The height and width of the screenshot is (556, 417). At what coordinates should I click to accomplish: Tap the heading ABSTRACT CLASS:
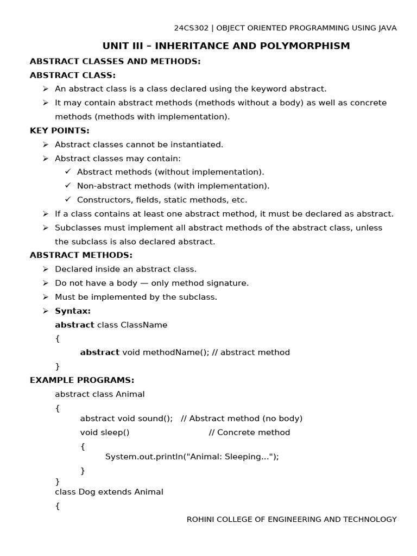[73, 75]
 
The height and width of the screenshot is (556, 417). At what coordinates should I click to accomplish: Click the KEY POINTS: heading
[60, 130]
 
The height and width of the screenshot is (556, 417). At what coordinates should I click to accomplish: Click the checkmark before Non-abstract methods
[68, 186]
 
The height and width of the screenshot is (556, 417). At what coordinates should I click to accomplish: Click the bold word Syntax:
[73, 311]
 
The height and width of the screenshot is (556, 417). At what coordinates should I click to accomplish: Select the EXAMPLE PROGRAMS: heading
[82, 380]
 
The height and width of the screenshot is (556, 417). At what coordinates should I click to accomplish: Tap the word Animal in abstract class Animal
[130, 394]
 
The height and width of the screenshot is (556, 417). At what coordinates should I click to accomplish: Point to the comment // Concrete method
[249, 433]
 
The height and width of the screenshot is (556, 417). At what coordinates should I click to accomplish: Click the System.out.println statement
[192, 457]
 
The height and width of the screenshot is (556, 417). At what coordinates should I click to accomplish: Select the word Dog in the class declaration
[87, 492]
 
